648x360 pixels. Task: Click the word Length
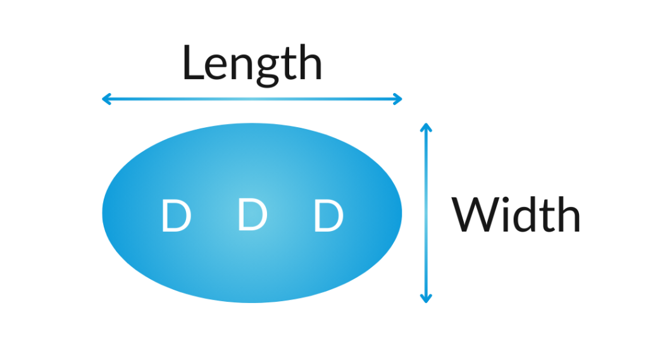(x=252, y=65)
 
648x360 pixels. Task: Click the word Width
(x=516, y=215)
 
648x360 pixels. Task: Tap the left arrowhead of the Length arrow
(x=106, y=99)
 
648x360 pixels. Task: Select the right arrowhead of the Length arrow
(x=398, y=99)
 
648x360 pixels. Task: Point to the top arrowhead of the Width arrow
(x=426, y=127)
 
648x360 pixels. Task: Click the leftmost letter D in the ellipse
(x=175, y=216)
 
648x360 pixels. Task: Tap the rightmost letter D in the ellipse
(x=328, y=216)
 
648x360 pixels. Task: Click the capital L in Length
(x=194, y=63)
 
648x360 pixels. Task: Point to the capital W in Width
(x=474, y=215)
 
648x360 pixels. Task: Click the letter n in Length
(x=243, y=67)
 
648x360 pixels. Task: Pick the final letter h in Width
(x=567, y=214)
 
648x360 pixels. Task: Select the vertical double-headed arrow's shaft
(x=426, y=212)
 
